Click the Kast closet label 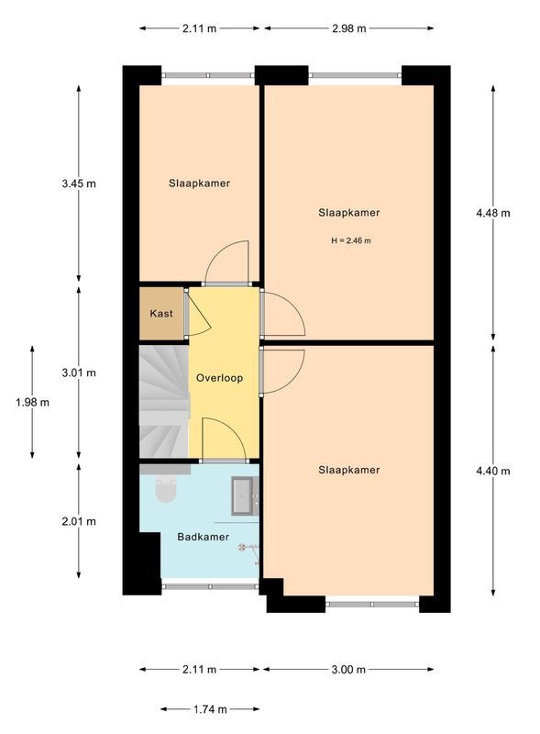pos(161,314)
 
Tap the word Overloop pos(219,377)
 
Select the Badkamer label pos(204,538)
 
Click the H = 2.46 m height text pos(350,240)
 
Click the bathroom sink pos(244,495)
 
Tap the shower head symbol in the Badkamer pos(244,547)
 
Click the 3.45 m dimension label pos(79,183)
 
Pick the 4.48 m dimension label pos(492,213)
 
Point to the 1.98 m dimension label pos(32,402)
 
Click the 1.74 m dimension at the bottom pos(209,709)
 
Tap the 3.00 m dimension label pos(348,670)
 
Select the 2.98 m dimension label pos(348,28)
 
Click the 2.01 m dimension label pos(79,521)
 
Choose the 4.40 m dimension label pos(492,471)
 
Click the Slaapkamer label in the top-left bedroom pos(199,183)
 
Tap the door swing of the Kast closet pos(198,315)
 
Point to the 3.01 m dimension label pos(79,373)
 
